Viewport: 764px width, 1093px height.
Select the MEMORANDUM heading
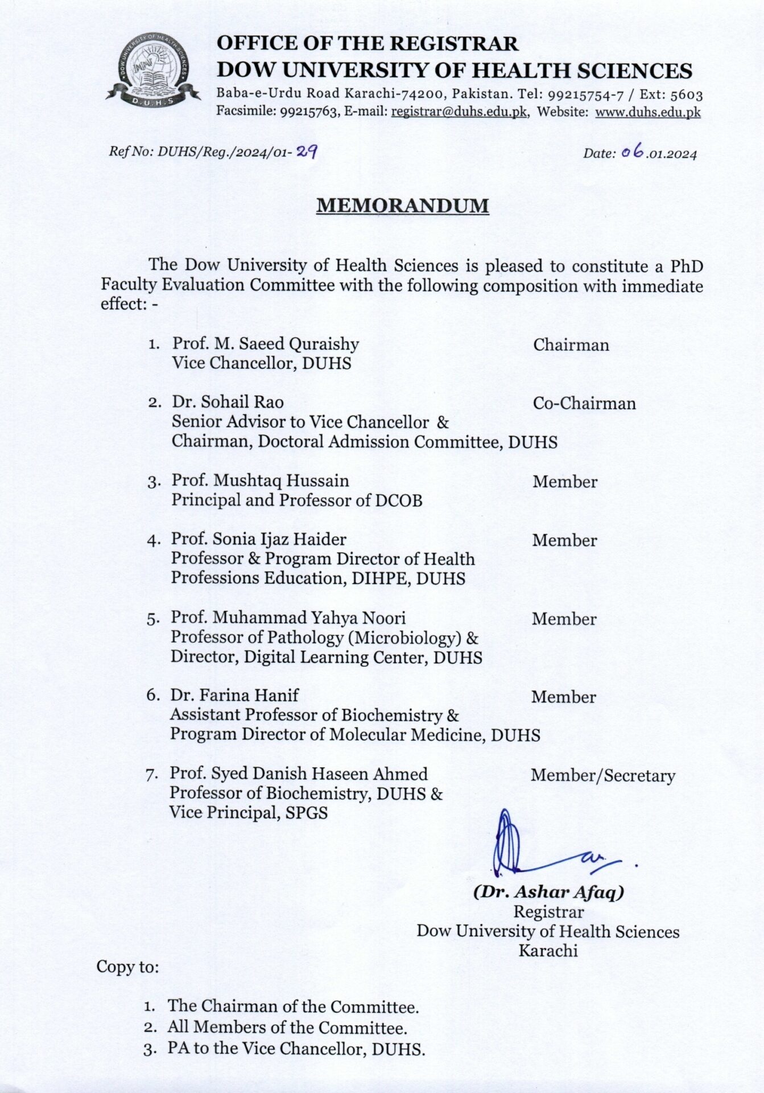(402, 206)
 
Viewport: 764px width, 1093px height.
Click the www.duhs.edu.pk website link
(647, 112)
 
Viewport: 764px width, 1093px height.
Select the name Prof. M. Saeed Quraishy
(266, 344)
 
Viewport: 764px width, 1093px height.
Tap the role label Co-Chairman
(584, 404)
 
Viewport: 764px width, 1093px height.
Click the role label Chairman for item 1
(571, 345)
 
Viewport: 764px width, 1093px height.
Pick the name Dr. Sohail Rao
(228, 402)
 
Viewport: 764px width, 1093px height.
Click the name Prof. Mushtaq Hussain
(260, 481)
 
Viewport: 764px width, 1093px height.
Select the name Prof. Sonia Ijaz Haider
(259, 539)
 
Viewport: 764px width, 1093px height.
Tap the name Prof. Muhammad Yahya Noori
(288, 618)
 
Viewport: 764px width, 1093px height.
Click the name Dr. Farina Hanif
(234, 695)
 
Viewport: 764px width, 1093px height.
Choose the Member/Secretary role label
(602, 776)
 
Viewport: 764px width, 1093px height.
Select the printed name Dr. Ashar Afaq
(548, 892)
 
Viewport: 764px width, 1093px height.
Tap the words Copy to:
(127, 967)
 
